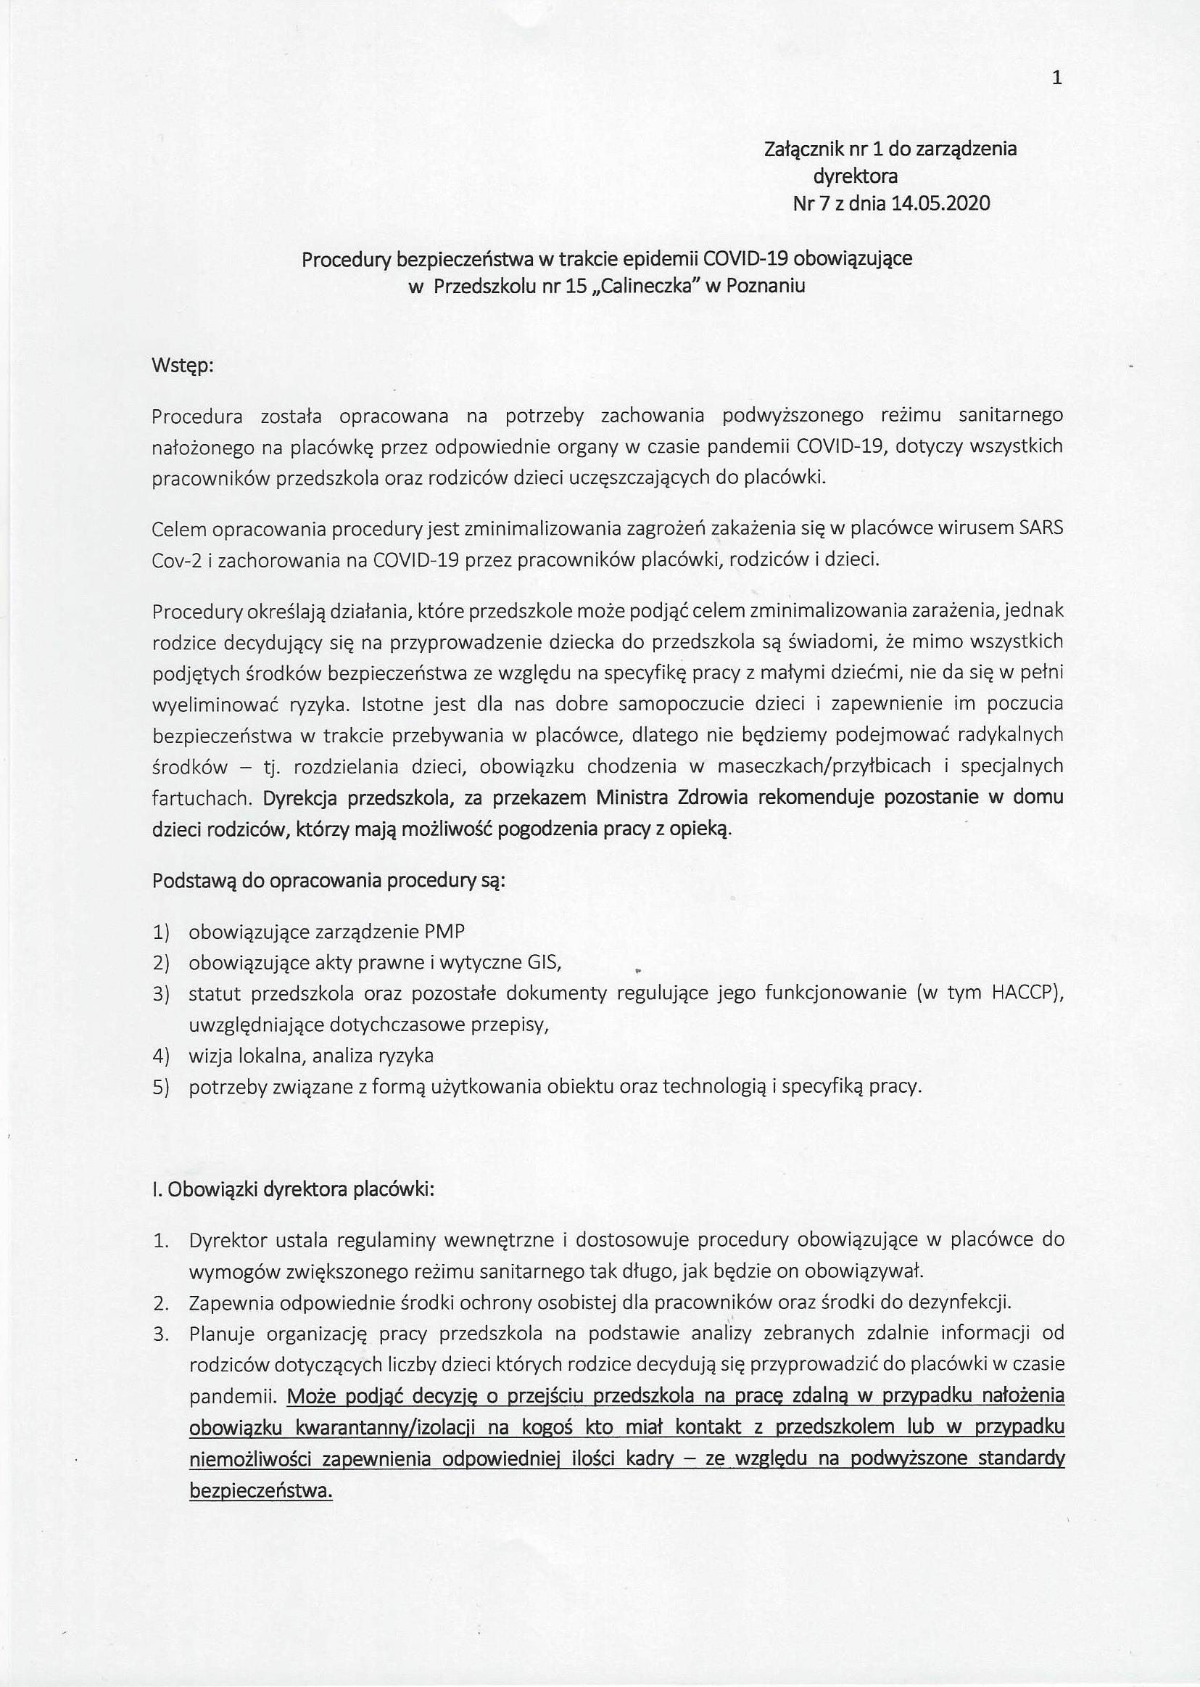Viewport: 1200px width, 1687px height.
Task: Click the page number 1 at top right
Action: click(1056, 78)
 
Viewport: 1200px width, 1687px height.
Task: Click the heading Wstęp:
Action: click(183, 365)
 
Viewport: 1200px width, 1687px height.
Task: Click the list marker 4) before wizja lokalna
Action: click(162, 1056)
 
